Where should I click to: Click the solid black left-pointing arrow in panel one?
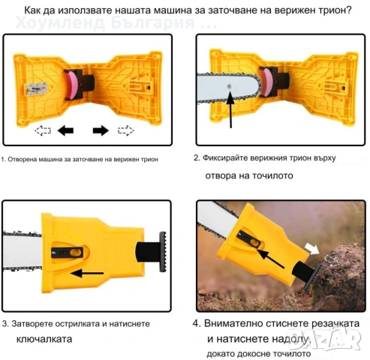coord(66,130)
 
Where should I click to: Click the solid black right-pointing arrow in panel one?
coord(101,130)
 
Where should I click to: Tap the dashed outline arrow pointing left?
coord(43,130)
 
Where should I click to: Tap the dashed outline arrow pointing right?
coord(125,130)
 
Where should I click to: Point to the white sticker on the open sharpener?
coord(35,88)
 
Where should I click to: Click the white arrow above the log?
coord(311,247)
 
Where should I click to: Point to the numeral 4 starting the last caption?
coord(197,324)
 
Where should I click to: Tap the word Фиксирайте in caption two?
coord(230,159)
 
